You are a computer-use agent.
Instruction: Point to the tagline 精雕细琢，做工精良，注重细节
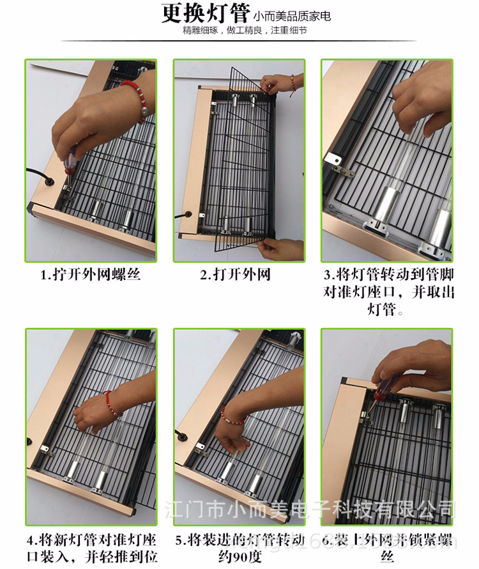click(245, 31)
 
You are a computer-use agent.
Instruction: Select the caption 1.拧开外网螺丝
click(90, 276)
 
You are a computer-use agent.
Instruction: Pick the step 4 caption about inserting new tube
click(90, 549)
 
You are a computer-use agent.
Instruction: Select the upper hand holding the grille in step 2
click(279, 84)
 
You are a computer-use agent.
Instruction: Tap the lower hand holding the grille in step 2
click(281, 248)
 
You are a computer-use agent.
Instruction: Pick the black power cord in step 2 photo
click(187, 221)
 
